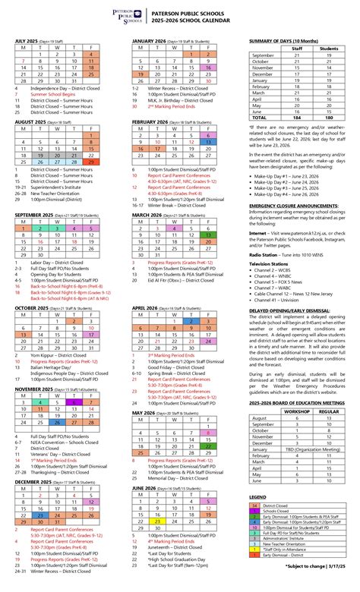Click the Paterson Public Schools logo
click(138, 16)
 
